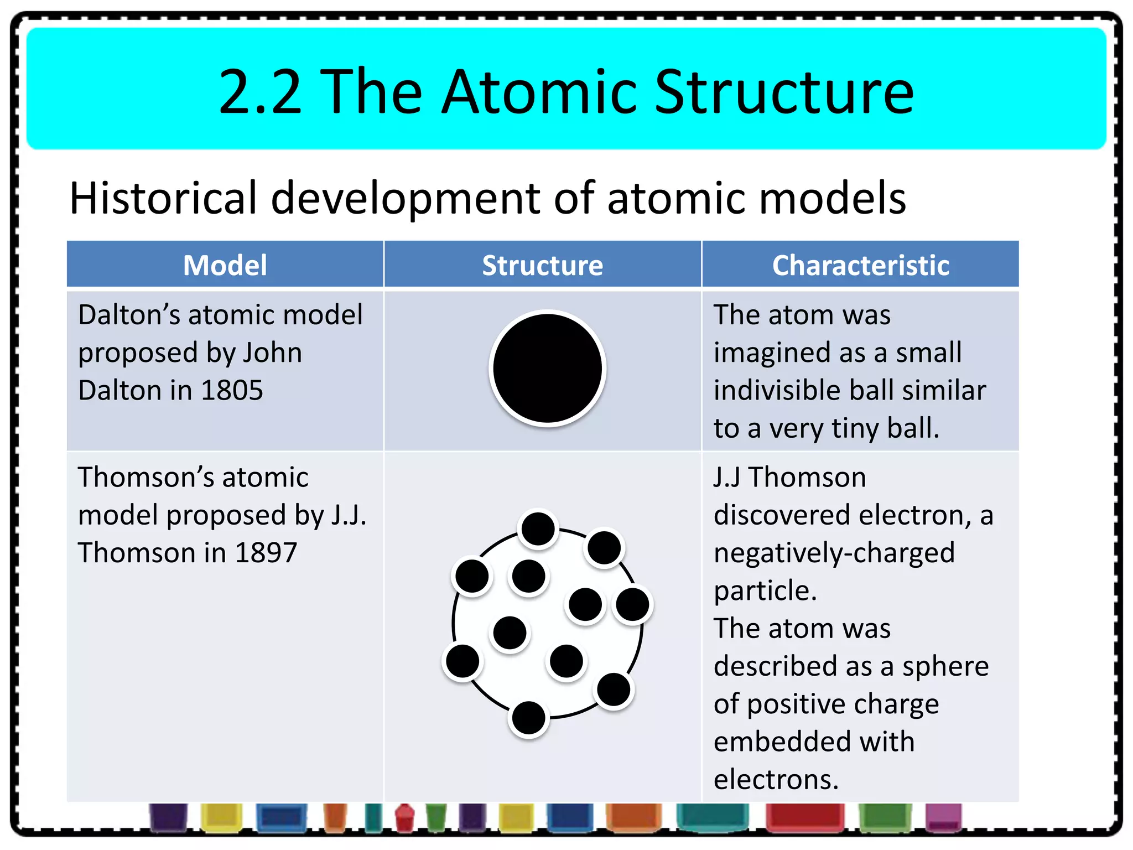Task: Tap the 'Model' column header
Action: coord(225,265)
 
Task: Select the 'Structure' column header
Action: coord(542,265)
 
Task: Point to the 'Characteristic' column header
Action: coord(860,265)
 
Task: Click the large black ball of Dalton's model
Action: coord(547,368)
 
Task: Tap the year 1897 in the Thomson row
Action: coord(266,552)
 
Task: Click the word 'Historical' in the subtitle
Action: coord(163,198)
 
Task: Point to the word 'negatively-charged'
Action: coord(834,552)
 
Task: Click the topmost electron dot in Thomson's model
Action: coord(538,528)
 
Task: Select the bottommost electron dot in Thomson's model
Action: coord(528,718)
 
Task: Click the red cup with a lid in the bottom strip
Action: coord(405,818)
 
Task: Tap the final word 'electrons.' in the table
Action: coord(776,779)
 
